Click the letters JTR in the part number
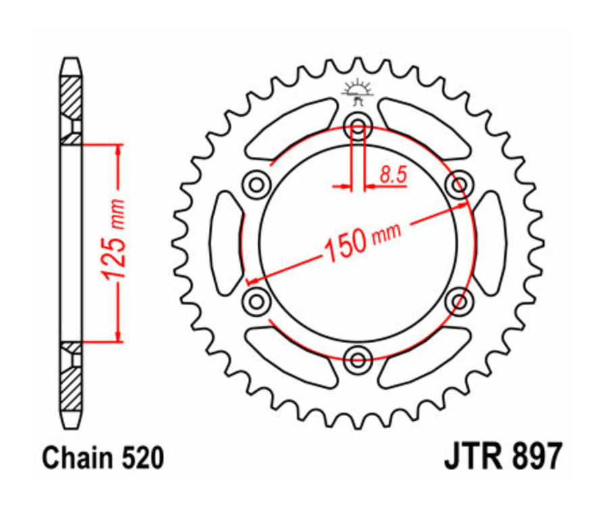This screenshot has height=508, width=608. click(x=473, y=457)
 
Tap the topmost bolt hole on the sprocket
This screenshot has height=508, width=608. click(x=357, y=125)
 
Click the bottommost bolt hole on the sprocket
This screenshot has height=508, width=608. click(x=357, y=356)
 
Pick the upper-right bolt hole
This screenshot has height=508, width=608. click(x=459, y=183)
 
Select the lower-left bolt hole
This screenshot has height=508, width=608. click(x=256, y=298)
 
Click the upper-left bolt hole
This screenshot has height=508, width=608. click(x=256, y=183)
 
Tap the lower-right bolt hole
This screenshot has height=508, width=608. click(x=459, y=298)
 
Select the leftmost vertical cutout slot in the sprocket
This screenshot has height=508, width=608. click(x=226, y=241)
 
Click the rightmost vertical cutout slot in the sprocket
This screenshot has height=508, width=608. click(x=489, y=241)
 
